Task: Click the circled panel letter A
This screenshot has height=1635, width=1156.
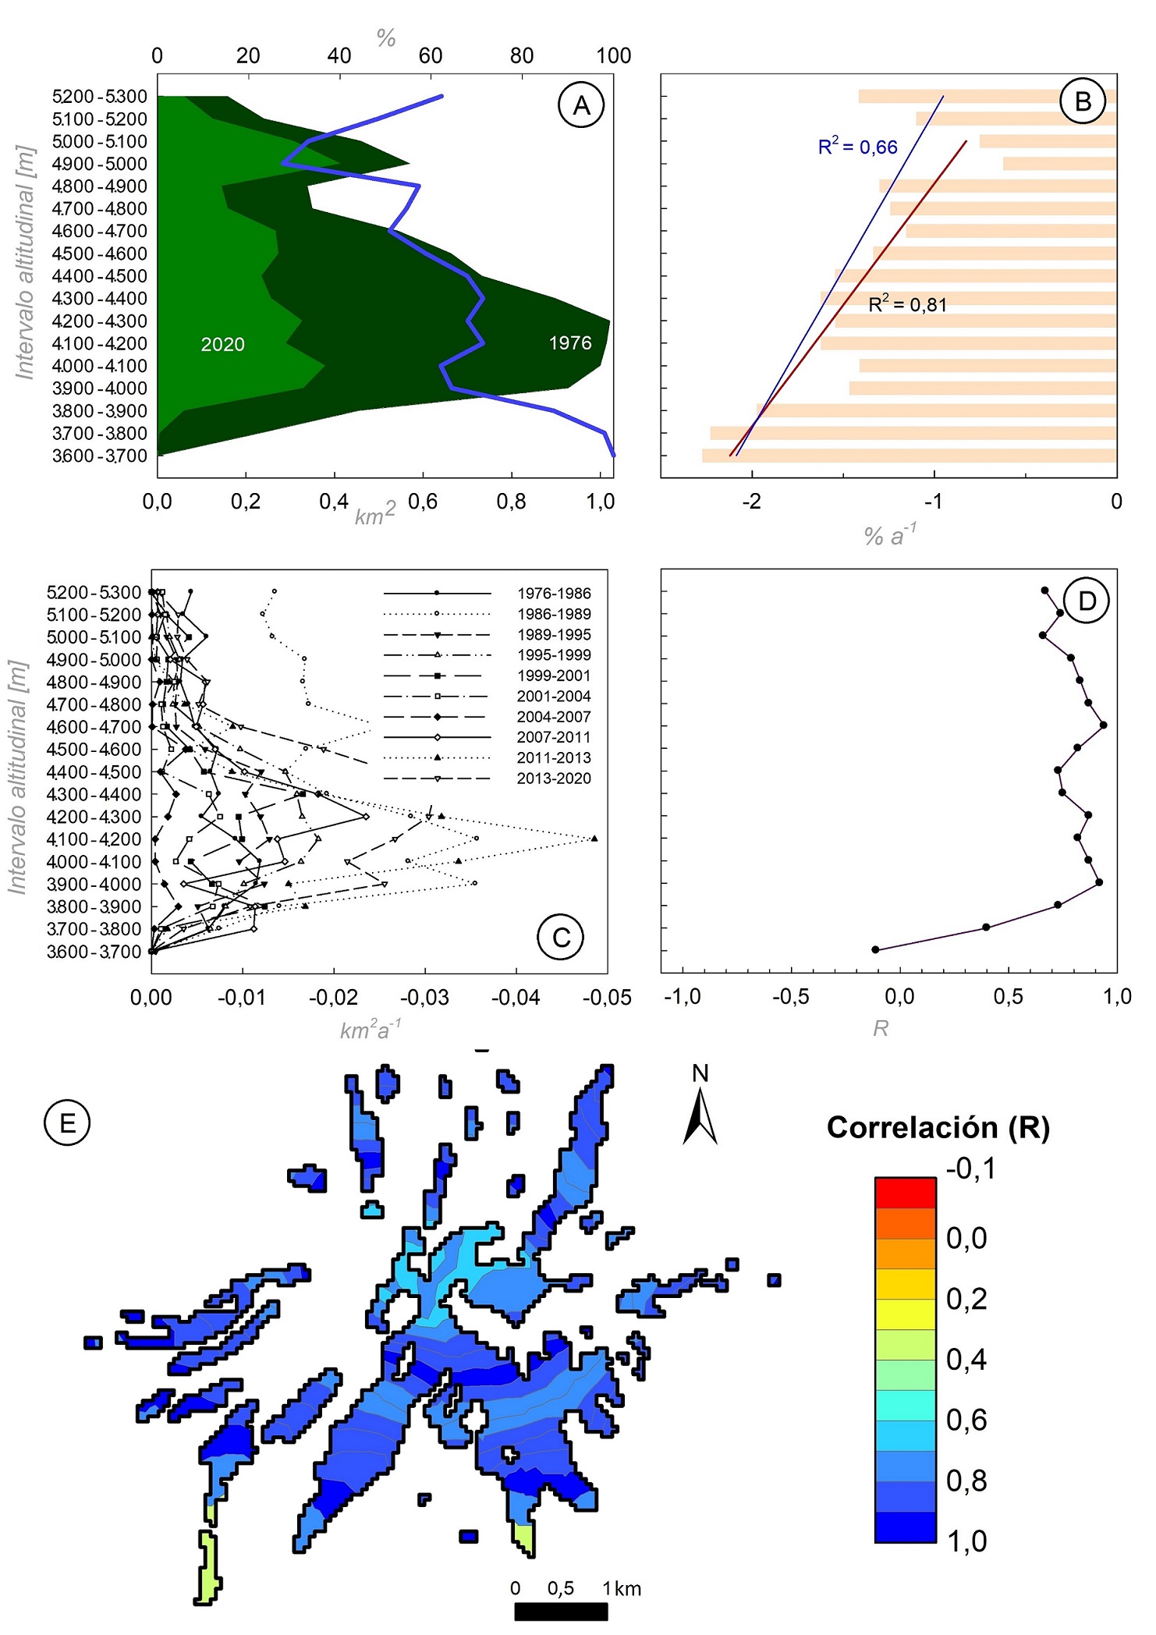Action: pos(581,105)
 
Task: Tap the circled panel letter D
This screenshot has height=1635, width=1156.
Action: pos(1087,601)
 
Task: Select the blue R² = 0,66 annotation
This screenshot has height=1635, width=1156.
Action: pos(857,147)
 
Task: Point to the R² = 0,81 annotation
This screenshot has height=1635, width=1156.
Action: pos(907,304)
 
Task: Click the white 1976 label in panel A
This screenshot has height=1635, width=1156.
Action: pos(570,342)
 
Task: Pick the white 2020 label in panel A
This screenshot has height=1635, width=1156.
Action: pos(222,344)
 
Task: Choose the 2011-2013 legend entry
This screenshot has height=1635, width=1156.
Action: pos(554,757)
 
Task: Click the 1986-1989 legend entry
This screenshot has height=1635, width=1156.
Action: pos(554,614)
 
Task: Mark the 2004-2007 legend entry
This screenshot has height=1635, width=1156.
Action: pos(554,716)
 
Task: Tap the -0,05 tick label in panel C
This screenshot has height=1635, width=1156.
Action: pos(607,998)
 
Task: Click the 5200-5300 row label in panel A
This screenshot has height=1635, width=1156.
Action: pos(99,97)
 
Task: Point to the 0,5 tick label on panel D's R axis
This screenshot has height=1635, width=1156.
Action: pos(1008,996)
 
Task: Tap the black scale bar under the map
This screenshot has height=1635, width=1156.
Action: pos(561,1612)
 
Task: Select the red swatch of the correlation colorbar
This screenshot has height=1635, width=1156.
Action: pos(905,1193)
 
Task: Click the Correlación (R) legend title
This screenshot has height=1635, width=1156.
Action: pos(938,1127)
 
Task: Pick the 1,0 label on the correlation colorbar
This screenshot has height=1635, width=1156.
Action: pos(966,1541)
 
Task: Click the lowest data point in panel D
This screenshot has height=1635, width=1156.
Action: pos(875,949)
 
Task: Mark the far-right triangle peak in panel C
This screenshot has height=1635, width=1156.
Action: pos(594,839)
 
